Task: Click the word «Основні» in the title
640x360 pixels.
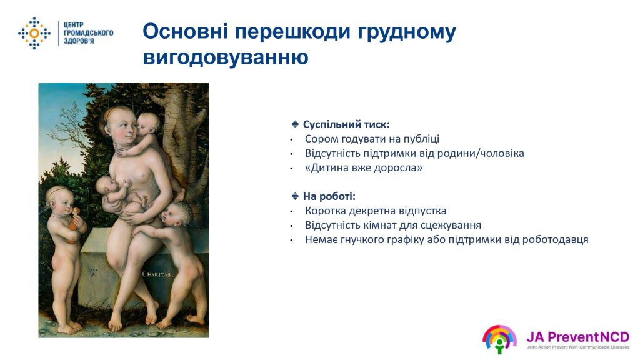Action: (185, 31)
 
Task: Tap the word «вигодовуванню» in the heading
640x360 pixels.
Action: (226, 57)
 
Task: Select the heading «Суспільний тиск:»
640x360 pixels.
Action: (346, 124)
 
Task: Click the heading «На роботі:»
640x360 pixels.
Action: (329, 196)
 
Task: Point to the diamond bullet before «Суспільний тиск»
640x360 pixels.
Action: (295, 124)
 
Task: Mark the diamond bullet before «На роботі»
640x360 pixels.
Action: (295, 196)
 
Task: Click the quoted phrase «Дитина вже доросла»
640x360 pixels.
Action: (364, 167)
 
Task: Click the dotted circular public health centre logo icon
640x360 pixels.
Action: (34, 33)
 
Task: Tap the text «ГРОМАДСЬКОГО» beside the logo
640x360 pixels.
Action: (88, 33)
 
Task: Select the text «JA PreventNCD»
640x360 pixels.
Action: (578, 337)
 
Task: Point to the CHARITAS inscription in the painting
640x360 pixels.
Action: (157, 274)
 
